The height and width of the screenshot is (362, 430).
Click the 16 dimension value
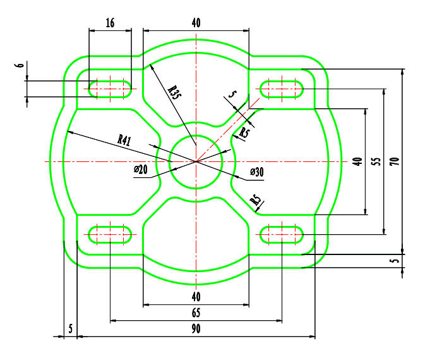110,23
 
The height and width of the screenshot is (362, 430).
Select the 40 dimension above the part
196,23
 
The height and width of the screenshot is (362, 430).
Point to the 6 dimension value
20,66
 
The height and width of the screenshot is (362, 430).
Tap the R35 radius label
174,90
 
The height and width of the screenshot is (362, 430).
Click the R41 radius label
124,139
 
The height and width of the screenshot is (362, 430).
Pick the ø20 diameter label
141,170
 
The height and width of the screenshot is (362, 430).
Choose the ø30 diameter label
257,172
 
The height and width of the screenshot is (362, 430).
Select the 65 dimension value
196,312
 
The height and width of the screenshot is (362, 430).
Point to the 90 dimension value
196,329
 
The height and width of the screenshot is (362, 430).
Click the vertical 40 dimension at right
357,161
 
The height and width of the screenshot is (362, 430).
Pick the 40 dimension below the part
196,296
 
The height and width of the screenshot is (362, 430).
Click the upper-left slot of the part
110,89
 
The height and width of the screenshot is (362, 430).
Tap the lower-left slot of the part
110,234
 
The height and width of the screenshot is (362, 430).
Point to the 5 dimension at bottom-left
70,329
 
